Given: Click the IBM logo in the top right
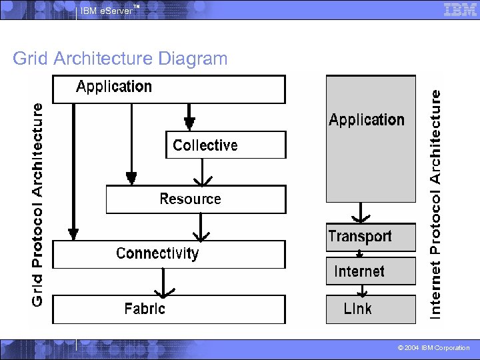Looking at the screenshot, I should click(460, 9).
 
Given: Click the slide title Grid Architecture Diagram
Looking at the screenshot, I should click(120, 59).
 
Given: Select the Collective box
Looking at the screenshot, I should click(225, 145).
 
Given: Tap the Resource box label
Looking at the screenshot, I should click(190, 199).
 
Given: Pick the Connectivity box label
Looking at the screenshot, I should click(157, 253).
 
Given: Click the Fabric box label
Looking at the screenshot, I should click(145, 309).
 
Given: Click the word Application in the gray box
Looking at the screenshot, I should click(367, 120).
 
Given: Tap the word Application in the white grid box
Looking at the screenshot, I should click(114, 87).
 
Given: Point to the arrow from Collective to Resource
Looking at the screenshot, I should click(201, 173).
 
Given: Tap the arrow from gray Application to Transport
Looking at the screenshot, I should click(361, 213).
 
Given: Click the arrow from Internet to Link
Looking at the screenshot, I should click(361, 291).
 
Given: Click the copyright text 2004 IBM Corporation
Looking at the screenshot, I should click(433, 348).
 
